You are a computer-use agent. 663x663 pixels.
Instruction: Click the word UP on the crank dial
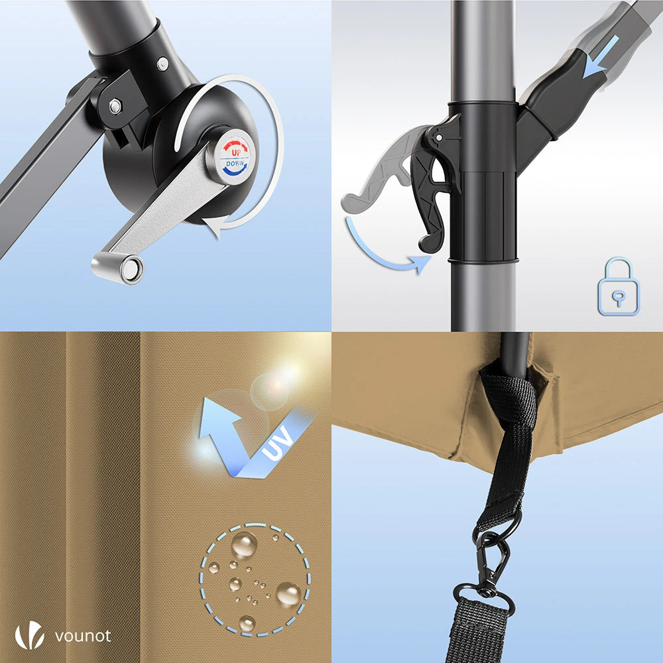point(236,152)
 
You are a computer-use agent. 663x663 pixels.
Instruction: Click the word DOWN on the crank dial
point(235,163)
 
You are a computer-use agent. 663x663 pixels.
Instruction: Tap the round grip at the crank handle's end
point(117,267)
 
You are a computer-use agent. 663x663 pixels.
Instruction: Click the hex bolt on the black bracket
point(115,105)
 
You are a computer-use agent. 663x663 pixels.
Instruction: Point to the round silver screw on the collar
point(163,64)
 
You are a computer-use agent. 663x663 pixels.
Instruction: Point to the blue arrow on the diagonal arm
point(602,57)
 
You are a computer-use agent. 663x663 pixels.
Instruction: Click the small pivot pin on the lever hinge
point(439,138)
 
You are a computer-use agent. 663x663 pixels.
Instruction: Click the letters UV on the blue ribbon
point(278,443)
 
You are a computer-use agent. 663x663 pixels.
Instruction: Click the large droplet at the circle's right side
point(289,594)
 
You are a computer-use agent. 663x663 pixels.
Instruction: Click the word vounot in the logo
point(84,636)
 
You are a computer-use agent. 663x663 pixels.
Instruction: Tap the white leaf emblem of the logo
point(29,634)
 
